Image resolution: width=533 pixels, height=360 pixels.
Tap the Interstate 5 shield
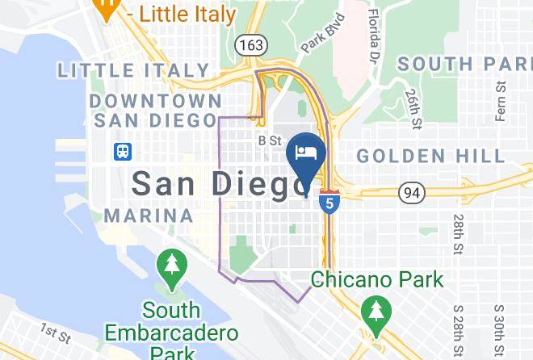328,200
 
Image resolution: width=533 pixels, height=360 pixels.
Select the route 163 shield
250,45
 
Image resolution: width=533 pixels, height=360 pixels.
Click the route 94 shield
412,191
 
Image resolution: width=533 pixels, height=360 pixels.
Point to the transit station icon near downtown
123,151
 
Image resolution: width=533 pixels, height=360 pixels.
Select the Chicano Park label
377,280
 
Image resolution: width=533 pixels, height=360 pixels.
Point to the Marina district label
149,216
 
